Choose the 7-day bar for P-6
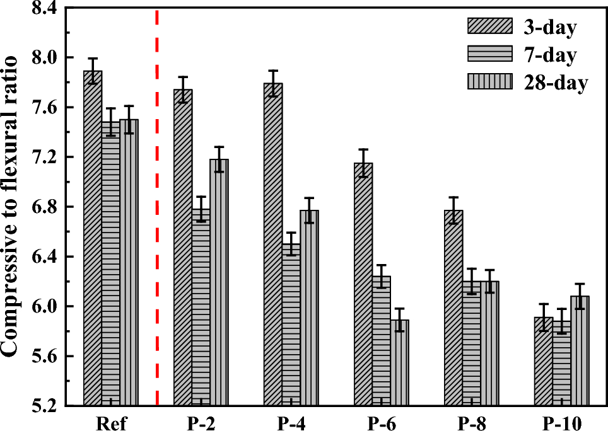point(381,340)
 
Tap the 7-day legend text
point(549,55)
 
